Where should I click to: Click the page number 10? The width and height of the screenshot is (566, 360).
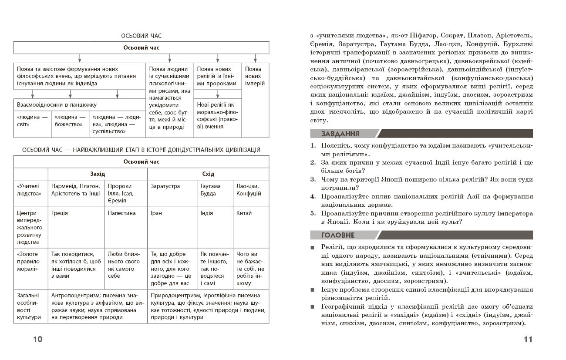[x=38, y=340]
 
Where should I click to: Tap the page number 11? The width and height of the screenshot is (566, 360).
[x=528, y=340]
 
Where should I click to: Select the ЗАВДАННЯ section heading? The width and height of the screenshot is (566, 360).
[x=340, y=134]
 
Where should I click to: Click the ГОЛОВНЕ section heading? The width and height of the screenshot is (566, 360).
[x=338, y=235]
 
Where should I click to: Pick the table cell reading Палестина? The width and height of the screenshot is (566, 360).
[x=122, y=213]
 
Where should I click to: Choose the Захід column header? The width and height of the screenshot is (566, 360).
[x=98, y=174]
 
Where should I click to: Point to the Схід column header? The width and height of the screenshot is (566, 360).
[x=208, y=174]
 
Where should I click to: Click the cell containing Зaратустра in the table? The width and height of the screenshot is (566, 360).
[x=165, y=186]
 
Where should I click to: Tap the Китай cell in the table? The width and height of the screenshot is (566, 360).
[x=244, y=213]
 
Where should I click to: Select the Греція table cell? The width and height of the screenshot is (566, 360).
[x=60, y=213]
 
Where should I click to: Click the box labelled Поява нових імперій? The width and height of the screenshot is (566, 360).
[x=255, y=76]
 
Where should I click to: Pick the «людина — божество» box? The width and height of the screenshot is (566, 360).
[x=70, y=121]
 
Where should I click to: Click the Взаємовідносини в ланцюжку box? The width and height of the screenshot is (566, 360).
[x=57, y=105]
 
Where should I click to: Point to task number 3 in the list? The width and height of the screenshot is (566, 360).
[x=313, y=179]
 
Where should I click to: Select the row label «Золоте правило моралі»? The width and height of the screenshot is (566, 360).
[x=28, y=262]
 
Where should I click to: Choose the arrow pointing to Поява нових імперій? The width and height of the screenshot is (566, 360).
[x=255, y=58]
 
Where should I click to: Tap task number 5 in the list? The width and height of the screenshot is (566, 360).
[x=313, y=214]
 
